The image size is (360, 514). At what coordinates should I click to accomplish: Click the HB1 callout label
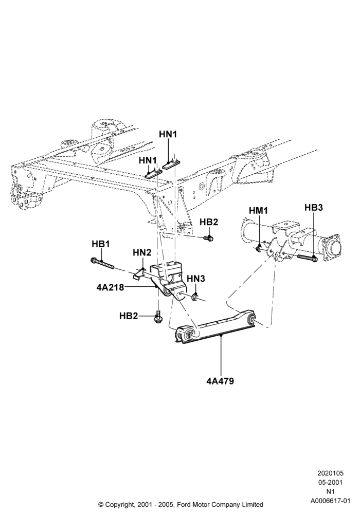point(101,244)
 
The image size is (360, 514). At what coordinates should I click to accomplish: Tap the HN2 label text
point(142,252)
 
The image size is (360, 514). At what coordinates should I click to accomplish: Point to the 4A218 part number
point(110,287)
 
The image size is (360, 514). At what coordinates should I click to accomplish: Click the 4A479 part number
point(220,381)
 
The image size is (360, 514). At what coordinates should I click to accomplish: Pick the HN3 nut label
point(196,279)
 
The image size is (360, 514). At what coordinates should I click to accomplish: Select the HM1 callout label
point(258,210)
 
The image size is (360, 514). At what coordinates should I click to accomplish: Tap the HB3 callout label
point(314,208)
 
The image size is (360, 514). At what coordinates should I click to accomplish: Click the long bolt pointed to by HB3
point(308,258)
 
